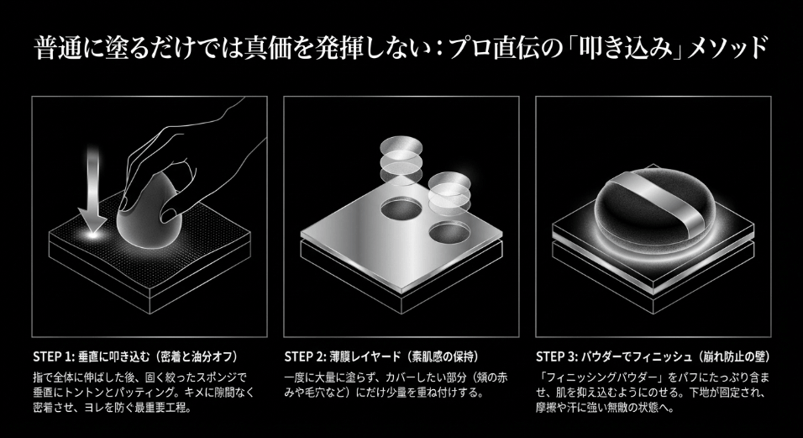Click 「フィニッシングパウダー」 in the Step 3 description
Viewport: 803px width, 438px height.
(603, 377)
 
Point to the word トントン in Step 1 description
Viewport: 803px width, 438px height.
(106, 393)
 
